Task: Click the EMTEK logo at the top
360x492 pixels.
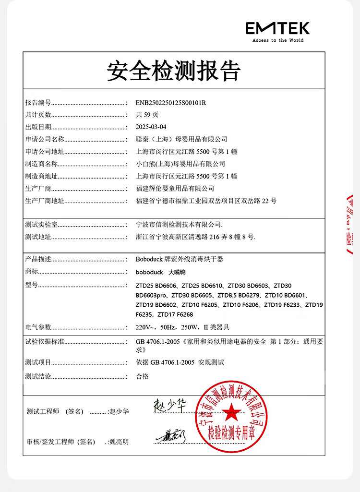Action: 278,28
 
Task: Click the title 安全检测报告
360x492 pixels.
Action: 174,71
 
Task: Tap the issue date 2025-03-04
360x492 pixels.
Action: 151,127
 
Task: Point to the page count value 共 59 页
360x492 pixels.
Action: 147,115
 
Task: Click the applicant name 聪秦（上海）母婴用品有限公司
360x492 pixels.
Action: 181,139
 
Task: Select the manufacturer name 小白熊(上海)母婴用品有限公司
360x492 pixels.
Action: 180,164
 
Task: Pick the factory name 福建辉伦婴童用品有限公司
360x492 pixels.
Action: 175,189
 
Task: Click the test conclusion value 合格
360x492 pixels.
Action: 143,377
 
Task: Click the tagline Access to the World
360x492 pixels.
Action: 278,41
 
